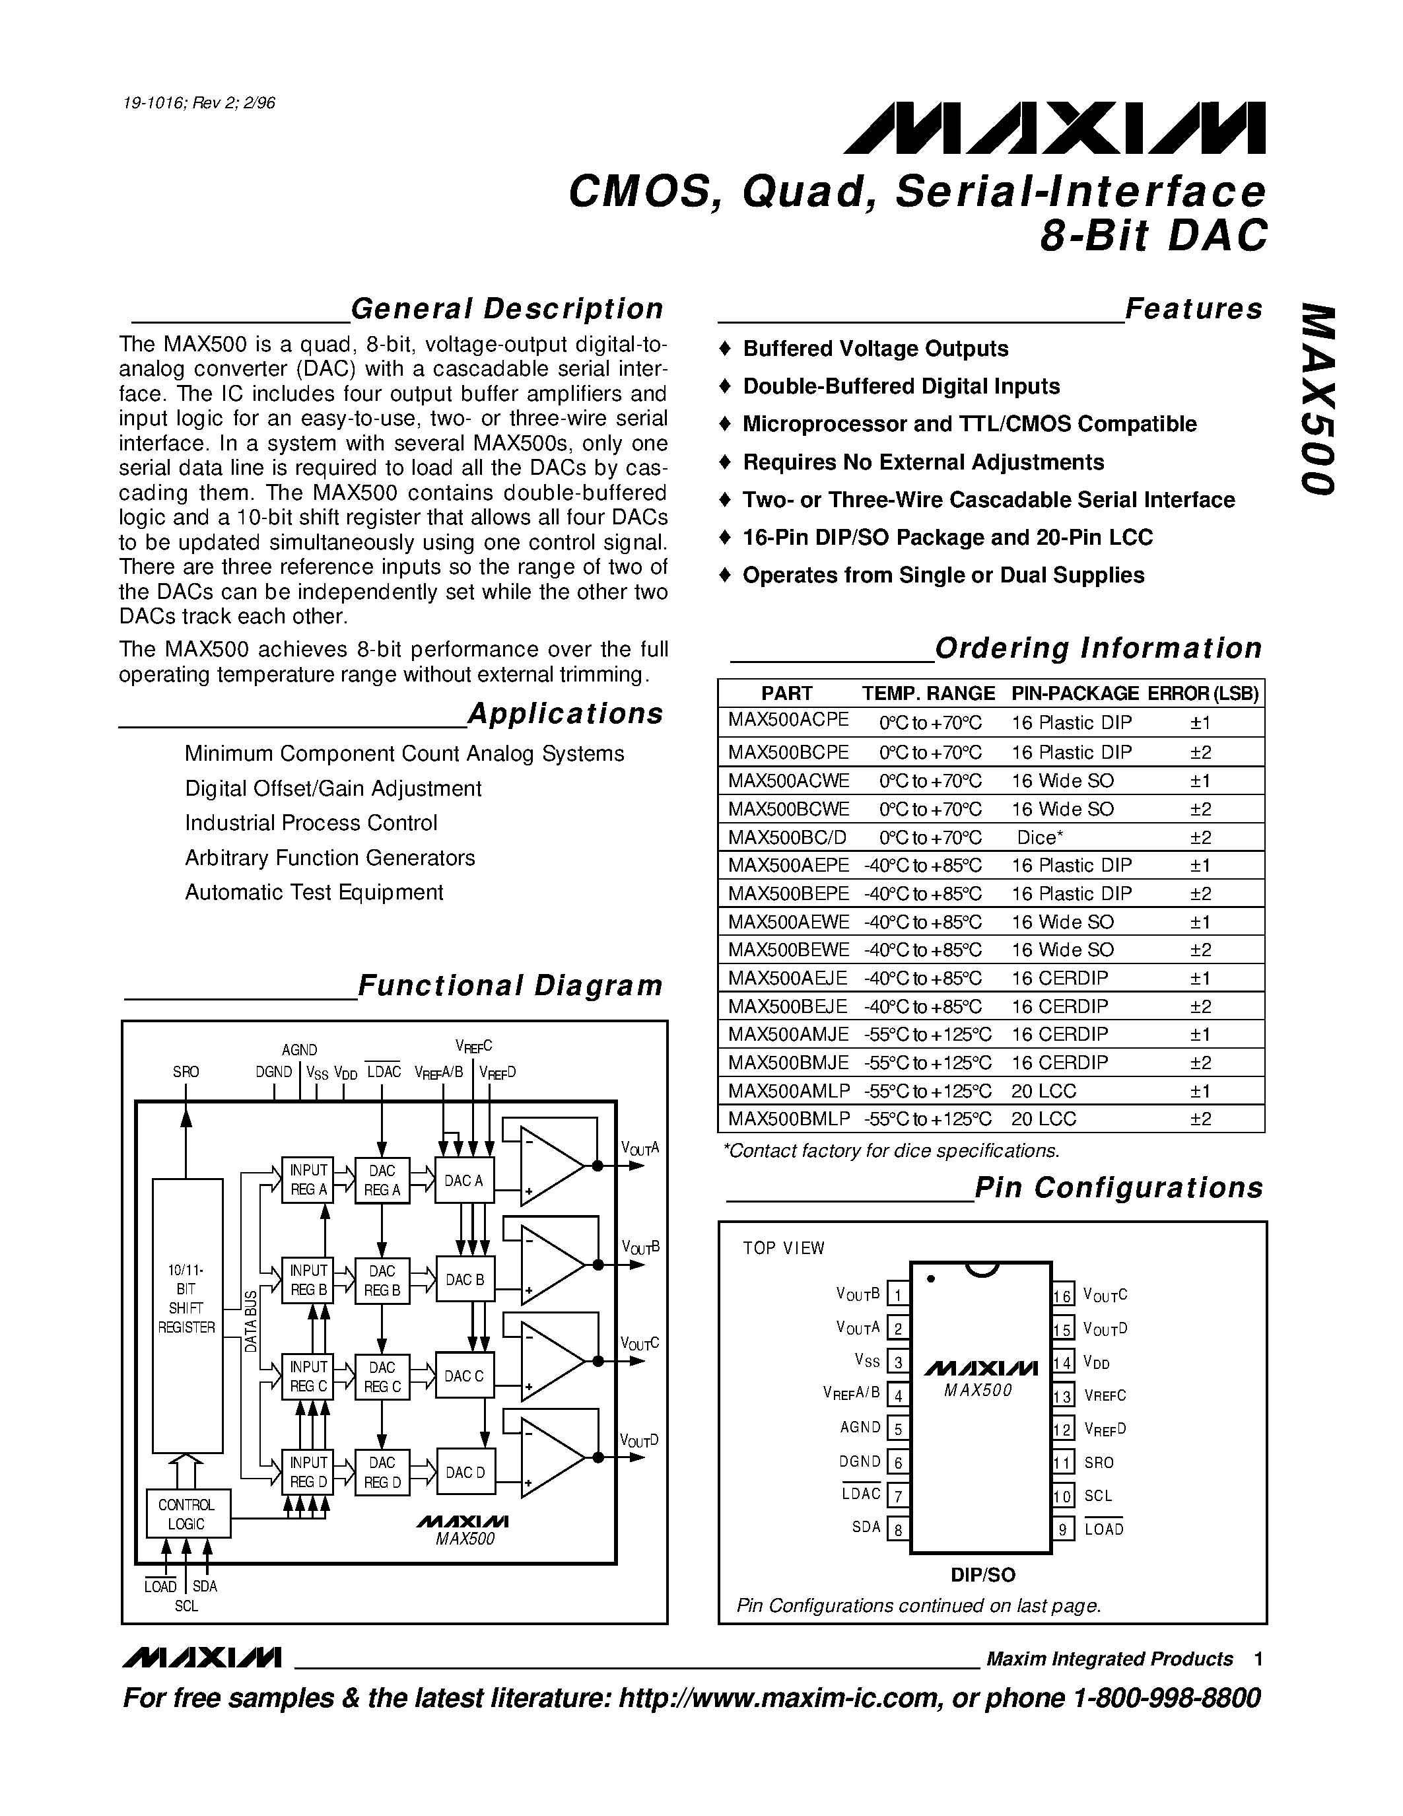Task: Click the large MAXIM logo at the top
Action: (x=1054, y=129)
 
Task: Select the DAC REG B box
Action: (x=382, y=1280)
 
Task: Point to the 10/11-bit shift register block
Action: (x=187, y=1315)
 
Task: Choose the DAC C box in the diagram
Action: (x=463, y=1376)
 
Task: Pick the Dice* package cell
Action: (x=1040, y=837)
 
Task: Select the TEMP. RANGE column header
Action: (x=928, y=693)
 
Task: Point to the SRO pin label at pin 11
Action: (x=1099, y=1463)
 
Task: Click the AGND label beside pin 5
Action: (x=860, y=1428)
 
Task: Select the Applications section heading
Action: (x=565, y=713)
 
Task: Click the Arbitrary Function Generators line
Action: (x=330, y=857)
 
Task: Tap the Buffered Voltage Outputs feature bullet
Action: (x=875, y=349)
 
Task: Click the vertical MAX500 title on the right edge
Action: (x=1317, y=399)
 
